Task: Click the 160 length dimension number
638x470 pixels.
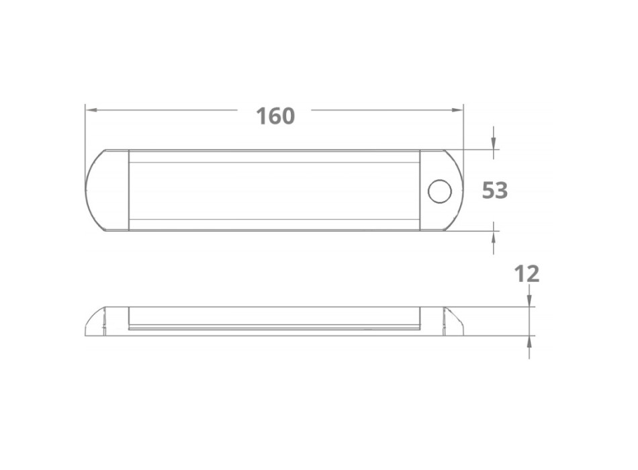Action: [275, 116]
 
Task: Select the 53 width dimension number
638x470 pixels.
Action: [495, 191]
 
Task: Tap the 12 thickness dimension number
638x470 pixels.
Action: [527, 273]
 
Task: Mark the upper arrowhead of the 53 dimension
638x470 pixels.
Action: [494, 144]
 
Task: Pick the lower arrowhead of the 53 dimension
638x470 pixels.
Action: [494, 236]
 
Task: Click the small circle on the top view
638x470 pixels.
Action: [440, 191]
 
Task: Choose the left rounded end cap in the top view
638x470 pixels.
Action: [107, 191]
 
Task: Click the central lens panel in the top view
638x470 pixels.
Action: [274, 191]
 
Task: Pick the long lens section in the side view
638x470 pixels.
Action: [274, 318]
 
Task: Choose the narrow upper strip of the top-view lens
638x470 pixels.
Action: [274, 156]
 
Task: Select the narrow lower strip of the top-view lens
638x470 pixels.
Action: [274, 225]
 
